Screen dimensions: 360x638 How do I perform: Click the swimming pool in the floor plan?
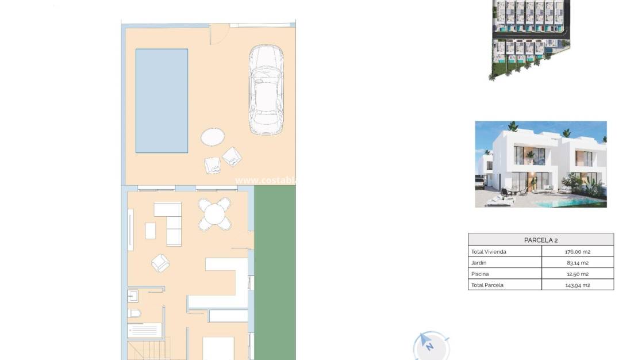click(162, 101)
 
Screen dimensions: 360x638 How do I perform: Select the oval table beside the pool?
click(213, 137)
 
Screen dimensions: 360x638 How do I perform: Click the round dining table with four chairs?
click(214, 214)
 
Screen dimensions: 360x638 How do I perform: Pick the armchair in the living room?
click(160, 263)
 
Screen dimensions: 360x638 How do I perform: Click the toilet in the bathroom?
click(134, 314)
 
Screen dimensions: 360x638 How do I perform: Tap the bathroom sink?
click(132, 296)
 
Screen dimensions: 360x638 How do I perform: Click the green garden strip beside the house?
click(275, 270)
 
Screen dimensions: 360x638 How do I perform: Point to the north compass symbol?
click(430, 345)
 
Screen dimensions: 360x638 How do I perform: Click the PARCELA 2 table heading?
click(541, 240)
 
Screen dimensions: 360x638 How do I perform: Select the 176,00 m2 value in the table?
click(578, 252)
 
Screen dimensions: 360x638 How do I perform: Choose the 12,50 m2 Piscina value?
click(578, 274)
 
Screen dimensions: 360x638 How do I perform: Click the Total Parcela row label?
click(487, 285)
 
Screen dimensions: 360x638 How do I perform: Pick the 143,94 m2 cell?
click(578, 285)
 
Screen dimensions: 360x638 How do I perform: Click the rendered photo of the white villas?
click(541, 164)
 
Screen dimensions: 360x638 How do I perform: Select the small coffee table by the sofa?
click(151, 231)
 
